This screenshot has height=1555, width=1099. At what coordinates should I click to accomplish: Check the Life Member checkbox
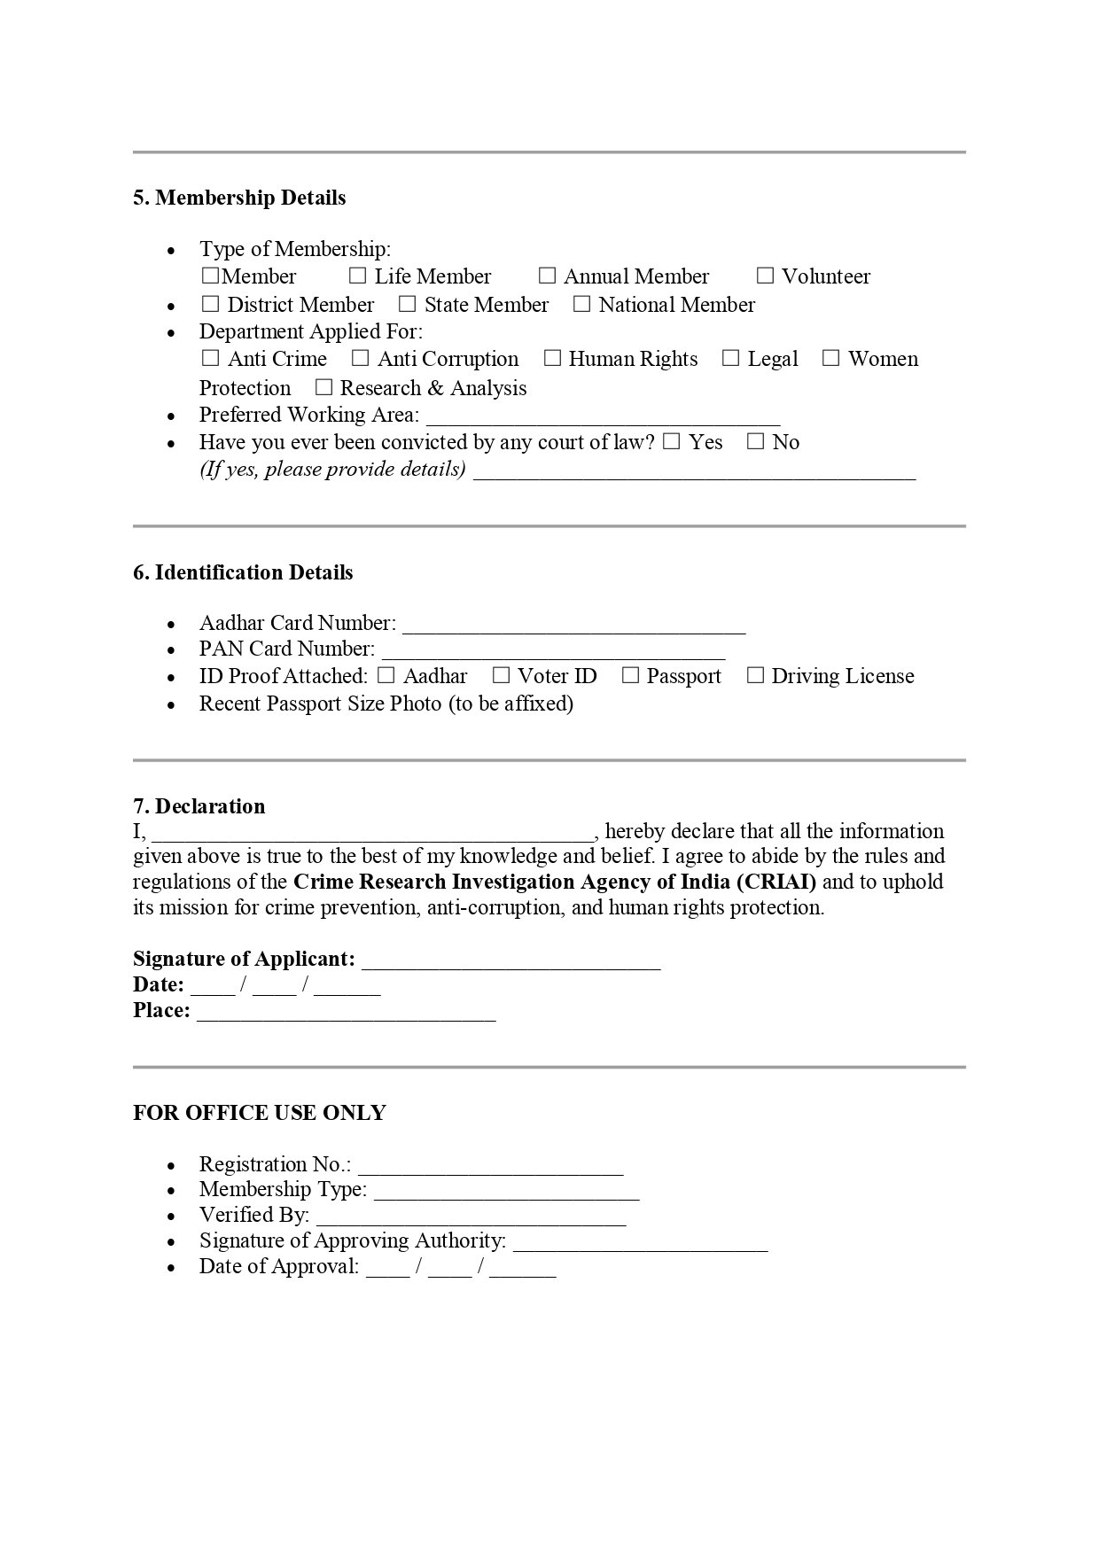click(x=357, y=276)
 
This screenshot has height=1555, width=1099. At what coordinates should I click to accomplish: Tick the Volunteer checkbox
click(x=765, y=276)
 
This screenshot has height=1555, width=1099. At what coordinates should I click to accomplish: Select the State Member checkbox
click(x=407, y=305)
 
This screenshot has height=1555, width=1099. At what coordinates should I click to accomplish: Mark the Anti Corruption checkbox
click(x=360, y=359)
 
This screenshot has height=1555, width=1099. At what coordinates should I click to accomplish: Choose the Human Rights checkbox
click(x=552, y=359)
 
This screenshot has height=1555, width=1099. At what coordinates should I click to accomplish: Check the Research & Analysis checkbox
click(x=323, y=388)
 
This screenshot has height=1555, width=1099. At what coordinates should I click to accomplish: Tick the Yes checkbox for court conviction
click(x=671, y=442)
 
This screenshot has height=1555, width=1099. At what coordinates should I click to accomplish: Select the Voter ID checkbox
click(x=501, y=676)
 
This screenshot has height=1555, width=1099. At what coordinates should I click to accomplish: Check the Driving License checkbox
click(x=755, y=676)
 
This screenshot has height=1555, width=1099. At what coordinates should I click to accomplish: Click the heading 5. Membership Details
click(x=239, y=198)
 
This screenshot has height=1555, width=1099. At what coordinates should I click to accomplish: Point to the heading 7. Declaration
click(x=199, y=806)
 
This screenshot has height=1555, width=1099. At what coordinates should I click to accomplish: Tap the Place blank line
click(x=346, y=1014)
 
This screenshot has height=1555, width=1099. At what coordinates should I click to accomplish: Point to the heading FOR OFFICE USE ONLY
click(x=260, y=1113)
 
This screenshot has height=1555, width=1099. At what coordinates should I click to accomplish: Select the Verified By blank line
click(x=471, y=1218)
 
